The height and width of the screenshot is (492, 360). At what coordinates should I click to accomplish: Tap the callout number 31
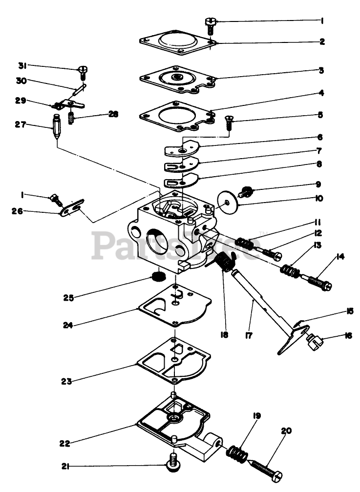tap(22, 65)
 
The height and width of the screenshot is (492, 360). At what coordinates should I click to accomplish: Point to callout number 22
tap(64, 443)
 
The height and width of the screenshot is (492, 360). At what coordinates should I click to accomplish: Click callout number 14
tap(340, 255)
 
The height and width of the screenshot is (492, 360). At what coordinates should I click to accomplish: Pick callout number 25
tap(69, 298)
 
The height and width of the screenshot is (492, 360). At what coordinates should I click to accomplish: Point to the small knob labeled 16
tap(312, 340)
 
